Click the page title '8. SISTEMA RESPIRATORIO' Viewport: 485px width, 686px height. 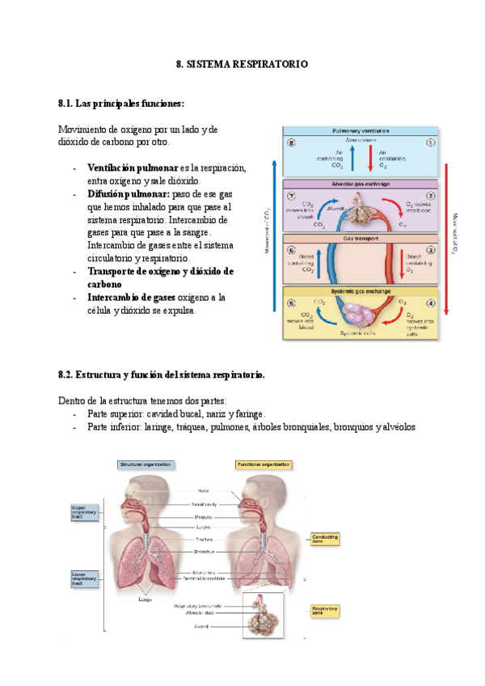pyautogui.click(x=242, y=63)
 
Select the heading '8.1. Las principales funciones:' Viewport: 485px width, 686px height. pyautogui.click(x=121, y=104)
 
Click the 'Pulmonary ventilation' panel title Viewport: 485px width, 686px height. pyautogui.click(x=360, y=130)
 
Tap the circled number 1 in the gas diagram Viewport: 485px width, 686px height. pyautogui.click(x=430, y=142)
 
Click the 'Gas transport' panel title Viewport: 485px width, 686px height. pyautogui.click(x=360, y=239)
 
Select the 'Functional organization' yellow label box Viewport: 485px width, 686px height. pyautogui.click(x=263, y=464)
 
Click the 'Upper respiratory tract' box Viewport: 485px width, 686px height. pyautogui.click(x=88, y=511)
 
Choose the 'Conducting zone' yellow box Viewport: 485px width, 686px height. pyautogui.click(x=325, y=538)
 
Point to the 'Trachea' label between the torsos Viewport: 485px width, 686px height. pyautogui.click(x=203, y=539)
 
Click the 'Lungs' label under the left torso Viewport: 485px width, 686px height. pyautogui.click(x=145, y=599)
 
